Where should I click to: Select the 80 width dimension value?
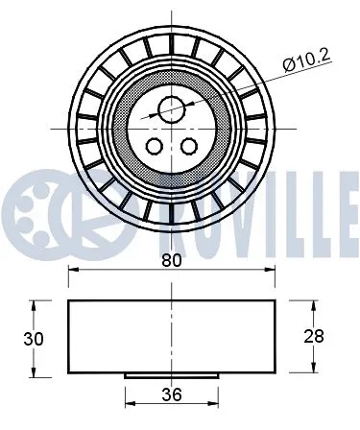[x=171, y=259]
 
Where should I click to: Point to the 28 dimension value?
[x=313, y=336]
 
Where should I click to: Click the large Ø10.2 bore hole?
[x=171, y=109]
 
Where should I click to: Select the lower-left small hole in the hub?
[x=154, y=146]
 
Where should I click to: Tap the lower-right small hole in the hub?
[x=188, y=146]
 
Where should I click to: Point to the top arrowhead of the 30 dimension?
[x=36, y=303]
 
